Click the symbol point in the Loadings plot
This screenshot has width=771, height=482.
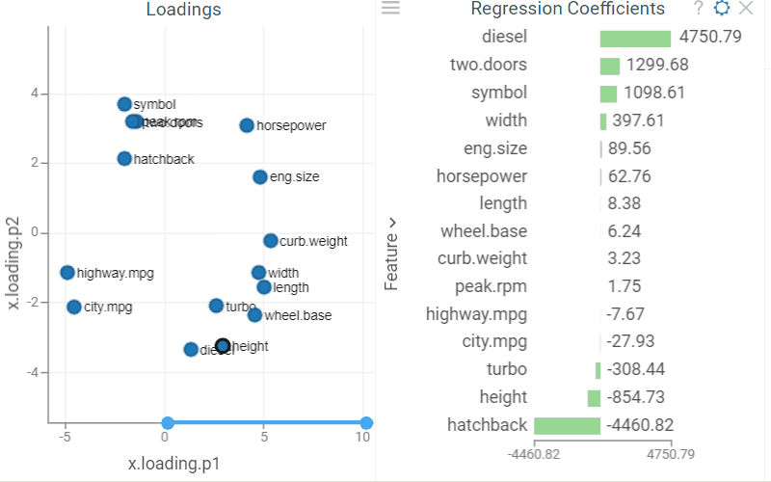[x=124, y=104]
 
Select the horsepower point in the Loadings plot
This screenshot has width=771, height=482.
[x=247, y=125]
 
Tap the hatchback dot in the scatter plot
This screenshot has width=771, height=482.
[x=124, y=159]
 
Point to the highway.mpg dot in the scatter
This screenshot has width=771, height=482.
[x=67, y=273]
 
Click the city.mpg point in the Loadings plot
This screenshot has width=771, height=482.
[x=74, y=307]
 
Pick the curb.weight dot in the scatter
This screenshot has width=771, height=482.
[x=271, y=241]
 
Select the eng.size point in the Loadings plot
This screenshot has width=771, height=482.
[x=260, y=177]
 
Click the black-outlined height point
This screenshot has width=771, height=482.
[x=223, y=345]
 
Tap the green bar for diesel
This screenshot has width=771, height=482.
[x=635, y=39]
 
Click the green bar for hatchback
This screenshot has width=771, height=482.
[x=567, y=425]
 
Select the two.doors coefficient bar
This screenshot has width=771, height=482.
[x=609, y=67]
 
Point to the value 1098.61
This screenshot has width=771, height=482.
[x=654, y=94]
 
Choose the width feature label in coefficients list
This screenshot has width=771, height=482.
[x=506, y=120]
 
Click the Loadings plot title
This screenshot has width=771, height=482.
[x=184, y=10]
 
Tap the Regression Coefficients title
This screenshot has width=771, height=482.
[x=568, y=9]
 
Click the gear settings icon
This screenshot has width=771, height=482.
[x=722, y=9]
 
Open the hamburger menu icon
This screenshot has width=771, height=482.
[x=390, y=8]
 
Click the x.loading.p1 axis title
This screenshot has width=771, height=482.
[x=174, y=464]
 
